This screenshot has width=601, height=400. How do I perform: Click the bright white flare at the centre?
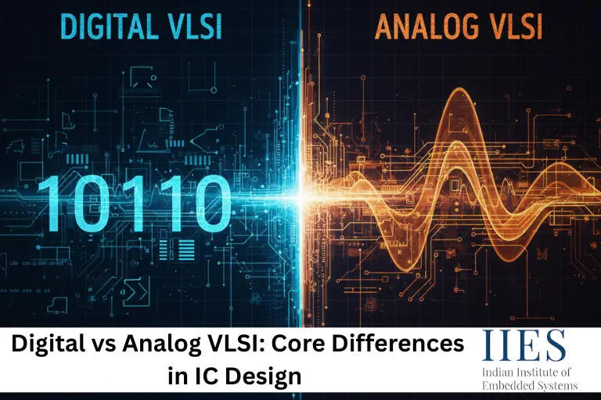300,196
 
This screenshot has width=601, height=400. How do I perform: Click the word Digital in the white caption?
54,344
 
